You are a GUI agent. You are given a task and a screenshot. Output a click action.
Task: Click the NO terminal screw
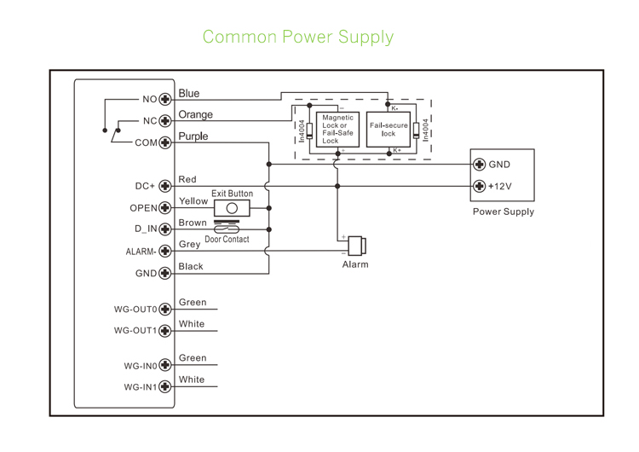coord(165,99)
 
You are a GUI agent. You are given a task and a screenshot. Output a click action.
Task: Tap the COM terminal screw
coord(165,142)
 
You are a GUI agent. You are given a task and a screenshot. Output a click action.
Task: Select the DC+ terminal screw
coord(165,186)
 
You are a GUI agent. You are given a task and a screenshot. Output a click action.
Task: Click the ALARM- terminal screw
coord(165,252)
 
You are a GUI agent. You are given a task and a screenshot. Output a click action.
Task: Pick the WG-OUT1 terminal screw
coord(165,330)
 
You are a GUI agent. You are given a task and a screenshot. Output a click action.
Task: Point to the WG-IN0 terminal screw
coord(165,366)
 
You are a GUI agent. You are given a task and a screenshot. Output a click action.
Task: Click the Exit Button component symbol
coord(232,208)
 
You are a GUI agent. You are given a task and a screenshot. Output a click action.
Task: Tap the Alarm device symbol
coord(356,245)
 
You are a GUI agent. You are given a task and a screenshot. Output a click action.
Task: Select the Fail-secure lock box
coord(389,129)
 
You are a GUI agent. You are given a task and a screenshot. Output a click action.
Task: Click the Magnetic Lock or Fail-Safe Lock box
coord(337,129)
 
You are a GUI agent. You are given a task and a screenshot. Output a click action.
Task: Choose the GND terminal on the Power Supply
coord(480,165)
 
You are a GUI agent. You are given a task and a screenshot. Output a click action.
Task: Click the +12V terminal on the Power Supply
coord(480,186)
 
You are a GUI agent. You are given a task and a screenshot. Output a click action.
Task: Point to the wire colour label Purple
coord(193,136)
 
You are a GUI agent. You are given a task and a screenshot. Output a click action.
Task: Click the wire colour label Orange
coord(196,114)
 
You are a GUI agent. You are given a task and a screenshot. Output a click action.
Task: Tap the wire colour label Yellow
coord(193,201)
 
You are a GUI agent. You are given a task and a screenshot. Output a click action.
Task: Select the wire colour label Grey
coord(190,245)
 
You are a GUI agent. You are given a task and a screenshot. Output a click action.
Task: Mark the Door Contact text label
coord(227,240)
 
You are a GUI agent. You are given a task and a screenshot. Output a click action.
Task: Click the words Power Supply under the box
coord(504,212)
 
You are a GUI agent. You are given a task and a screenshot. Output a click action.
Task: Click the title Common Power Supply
coord(298,37)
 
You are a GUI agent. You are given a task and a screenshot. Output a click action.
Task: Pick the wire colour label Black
coord(191,266)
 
